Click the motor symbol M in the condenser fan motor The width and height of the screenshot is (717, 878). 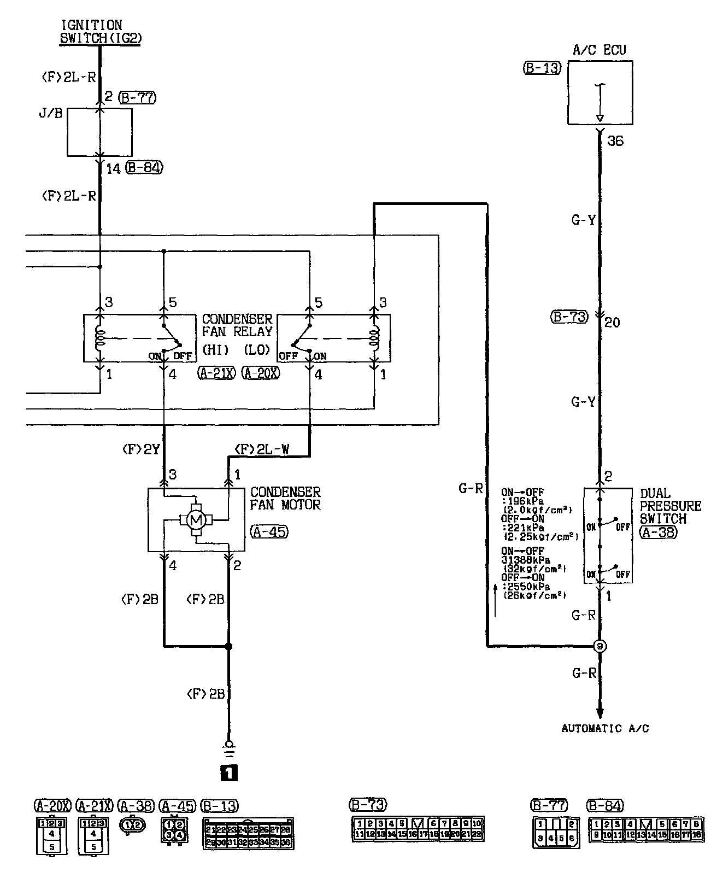point(195,520)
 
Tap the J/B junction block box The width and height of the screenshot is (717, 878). point(99,132)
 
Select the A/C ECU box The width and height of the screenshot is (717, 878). point(600,92)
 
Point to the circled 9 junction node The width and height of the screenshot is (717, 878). point(600,646)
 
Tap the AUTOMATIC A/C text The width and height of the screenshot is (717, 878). point(605,728)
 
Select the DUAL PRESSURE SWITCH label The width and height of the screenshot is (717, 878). point(670,506)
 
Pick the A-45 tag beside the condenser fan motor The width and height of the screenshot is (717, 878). point(269,531)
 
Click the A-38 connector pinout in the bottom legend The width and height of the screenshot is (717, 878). point(132,825)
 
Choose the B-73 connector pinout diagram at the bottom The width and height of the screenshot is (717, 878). point(418,829)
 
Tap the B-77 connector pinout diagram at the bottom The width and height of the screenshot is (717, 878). point(556,832)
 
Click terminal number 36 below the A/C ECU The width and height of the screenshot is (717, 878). point(615,141)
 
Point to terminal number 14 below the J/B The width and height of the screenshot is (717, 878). point(113,168)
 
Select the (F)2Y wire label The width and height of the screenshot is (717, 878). point(140,449)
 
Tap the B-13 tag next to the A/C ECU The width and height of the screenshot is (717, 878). point(542,69)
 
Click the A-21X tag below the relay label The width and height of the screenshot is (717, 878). point(216,374)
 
